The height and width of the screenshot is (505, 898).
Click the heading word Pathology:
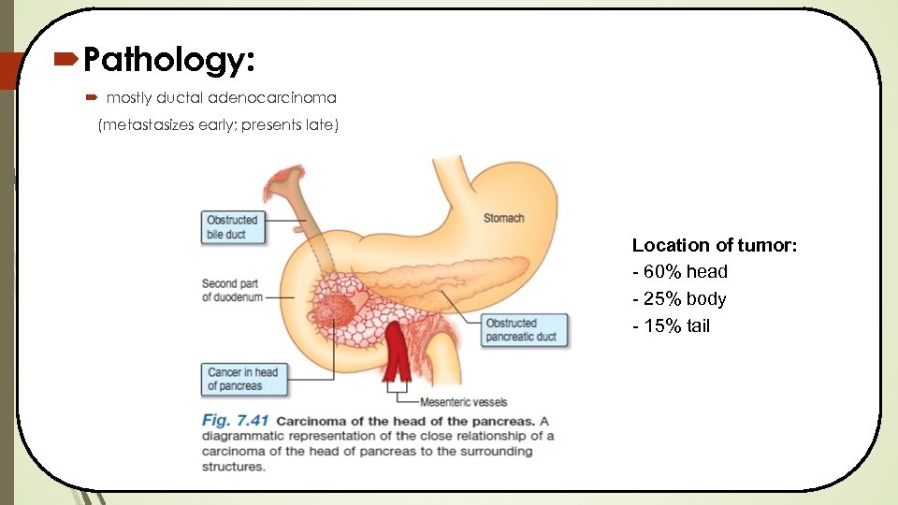[x=168, y=62]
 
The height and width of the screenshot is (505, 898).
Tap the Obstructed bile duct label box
[x=231, y=227]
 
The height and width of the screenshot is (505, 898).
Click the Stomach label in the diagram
[x=503, y=218]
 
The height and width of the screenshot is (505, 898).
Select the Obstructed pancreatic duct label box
[x=524, y=330]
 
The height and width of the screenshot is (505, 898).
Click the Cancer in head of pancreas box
[x=242, y=379]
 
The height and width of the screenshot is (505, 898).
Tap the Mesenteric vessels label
[x=464, y=402]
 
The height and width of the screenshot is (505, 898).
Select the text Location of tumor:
[x=714, y=245]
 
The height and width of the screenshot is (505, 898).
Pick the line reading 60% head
[x=683, y=272]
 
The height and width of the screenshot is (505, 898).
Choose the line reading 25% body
[x=683, y=299]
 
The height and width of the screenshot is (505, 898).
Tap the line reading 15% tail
[x=674, y=326]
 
